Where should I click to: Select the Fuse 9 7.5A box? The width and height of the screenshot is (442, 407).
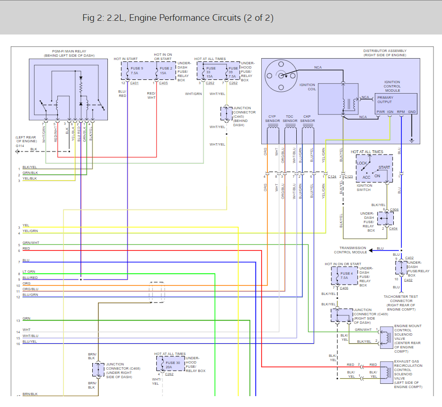pyautogui.click(x=135, y=71)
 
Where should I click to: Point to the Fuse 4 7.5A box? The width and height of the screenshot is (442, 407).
pyautogui.click(x=346, y=276)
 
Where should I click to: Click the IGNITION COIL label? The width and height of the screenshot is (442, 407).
pyautogui.click(x=307, y=87)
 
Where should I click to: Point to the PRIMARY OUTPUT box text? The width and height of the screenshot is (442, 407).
pyautogui.click(x=385, y=100)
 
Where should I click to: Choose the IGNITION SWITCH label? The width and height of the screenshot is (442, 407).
pyautogui.click(x=364, y=188)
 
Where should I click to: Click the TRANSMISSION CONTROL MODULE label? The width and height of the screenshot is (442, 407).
pyautogui.click(x=353, y=250)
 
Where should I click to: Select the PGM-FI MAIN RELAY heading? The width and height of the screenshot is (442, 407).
pyautogui.click(x=69, y=53)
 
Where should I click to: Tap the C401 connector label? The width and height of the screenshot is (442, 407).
pyautogui.click(x=134, y=83)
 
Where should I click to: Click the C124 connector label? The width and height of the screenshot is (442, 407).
pyautogui.click(x=332, y=176)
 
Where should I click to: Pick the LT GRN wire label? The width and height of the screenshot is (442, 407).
pyautogui.click(x=29, y=272)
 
